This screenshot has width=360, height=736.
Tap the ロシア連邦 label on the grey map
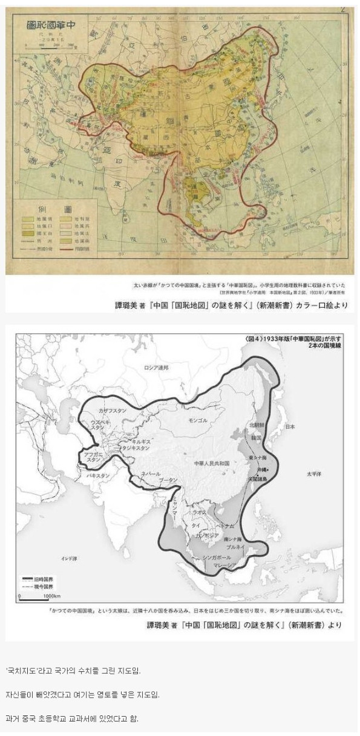click(157, 368)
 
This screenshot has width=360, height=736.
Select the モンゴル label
click(198, 420)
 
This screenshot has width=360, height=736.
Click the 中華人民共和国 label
click(212, 463)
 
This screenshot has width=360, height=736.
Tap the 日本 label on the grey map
click(290, 426)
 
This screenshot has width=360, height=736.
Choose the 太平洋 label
click(315, 474)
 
